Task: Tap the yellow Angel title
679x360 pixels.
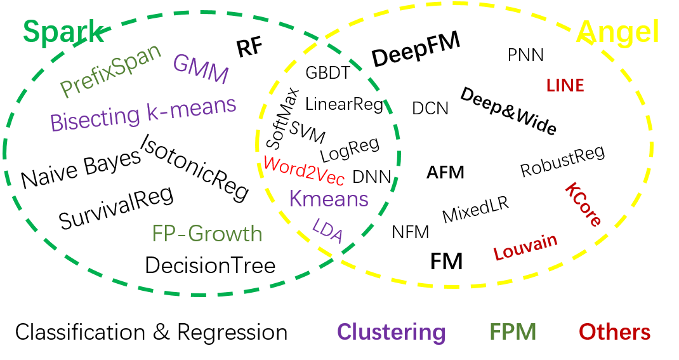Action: click(x=617, y=32)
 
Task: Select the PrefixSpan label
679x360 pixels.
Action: click(x=111, y=70)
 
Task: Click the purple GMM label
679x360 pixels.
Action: click(x=201, y=69)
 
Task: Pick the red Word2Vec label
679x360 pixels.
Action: click(x=304, y=170)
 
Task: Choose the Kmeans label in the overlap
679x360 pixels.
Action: click(x=329, y=199)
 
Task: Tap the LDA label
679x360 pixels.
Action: click(x=328, y=231)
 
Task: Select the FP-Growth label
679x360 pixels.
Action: click(x=207, y=234)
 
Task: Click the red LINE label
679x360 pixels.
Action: click(x=565, y=86)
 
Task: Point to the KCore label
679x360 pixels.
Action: click(x=583, y=204)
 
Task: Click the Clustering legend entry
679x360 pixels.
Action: click(x=391, y=331)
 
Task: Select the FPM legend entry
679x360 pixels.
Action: click(x=513, y=331)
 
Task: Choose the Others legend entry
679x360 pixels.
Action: click(x=614, y=331)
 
